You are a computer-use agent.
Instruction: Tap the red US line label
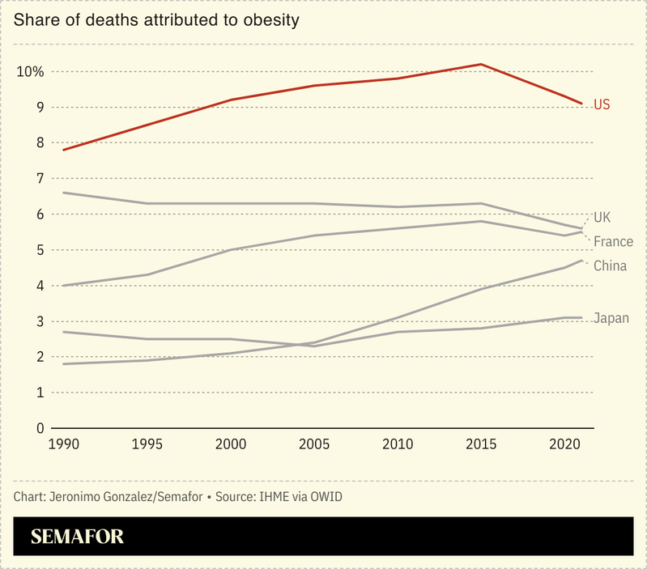click(602, 104)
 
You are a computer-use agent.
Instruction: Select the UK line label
click(602, 217)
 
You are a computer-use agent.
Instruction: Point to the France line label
click(613, 242)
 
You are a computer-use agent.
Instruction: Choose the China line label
click(610, 265)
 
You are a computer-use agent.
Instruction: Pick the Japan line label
click(611, 317)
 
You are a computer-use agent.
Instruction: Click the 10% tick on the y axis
click(30, 72)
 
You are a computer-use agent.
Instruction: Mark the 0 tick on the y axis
click(39, 428)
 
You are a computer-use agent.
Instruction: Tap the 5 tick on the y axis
click(39, 250)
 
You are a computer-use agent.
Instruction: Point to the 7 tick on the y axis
click(39, 179)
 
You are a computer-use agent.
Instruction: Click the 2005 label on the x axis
click(315, 444)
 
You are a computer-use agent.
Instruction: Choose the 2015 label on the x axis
click(482, 444)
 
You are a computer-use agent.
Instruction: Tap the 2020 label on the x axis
click(565, 444)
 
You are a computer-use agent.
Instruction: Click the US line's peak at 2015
click(482, 64)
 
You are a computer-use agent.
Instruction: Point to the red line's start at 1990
click(63, 150)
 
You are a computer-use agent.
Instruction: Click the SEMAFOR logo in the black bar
click(77, 537)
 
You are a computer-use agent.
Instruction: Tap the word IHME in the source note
click(271, 495)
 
